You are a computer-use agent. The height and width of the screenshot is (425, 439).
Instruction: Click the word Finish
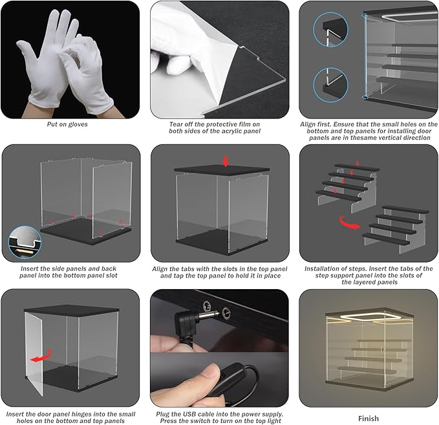(x=369, y=419)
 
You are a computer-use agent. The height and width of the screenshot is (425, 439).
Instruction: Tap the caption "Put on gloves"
(x=67, y=124)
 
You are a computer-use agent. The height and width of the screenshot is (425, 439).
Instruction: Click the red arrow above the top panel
(x=226, y=161)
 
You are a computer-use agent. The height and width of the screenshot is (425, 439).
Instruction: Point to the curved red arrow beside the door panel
(x=41, y=356)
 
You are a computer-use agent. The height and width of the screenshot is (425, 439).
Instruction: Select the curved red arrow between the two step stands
(x=349, y=223)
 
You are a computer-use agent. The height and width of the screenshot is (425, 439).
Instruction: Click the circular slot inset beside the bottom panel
(x=25, y=243)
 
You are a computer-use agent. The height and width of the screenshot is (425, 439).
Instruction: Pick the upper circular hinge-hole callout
(x=330, y=29)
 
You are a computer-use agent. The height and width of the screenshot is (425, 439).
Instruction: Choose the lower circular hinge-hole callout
(x=330, y=85)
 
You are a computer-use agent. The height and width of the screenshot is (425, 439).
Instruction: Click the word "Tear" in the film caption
(x=176, y=124)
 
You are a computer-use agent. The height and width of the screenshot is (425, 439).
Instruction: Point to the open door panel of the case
(x=34, y=354)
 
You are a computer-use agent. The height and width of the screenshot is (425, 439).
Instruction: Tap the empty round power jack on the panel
(x=226, y=312)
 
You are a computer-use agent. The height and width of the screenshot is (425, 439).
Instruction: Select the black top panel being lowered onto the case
(x=222, y=169)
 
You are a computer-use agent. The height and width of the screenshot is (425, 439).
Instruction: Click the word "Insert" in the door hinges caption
(x=15, y=414)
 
